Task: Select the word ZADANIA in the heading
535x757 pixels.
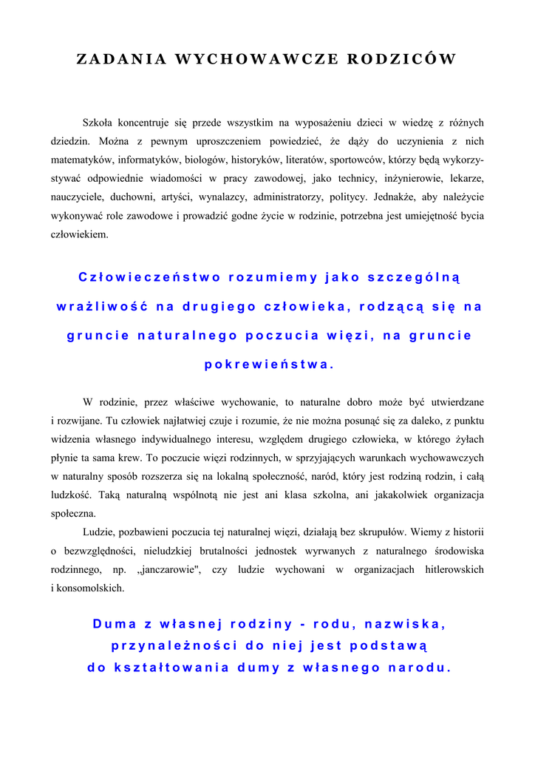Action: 121,60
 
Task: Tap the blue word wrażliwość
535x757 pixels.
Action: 100,307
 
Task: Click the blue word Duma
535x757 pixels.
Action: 118,624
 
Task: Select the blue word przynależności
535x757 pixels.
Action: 174,646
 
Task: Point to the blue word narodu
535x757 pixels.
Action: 419,668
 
